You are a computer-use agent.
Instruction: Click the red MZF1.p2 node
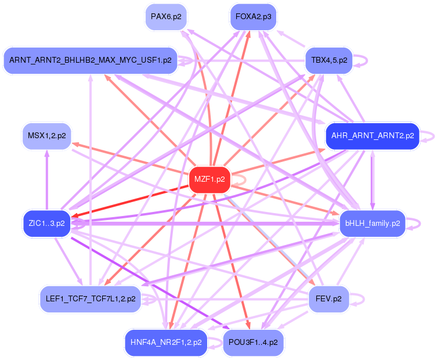click(x=210, y=179)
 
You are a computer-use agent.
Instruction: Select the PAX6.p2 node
click(x=165, y=16)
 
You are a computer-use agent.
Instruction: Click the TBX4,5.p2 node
click(x=329, y=60)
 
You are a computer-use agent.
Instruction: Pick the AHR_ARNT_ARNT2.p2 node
click(x=372, y=136)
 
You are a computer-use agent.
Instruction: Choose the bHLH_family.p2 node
click(x=372, y=223)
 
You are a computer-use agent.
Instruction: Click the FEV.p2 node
click(x=328, y=299)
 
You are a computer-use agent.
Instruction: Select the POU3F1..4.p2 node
click(x=254, y=343)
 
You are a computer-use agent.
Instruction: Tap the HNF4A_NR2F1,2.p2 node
click(x=166, y=343)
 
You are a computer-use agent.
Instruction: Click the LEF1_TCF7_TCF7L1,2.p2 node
click(x=90, y=299)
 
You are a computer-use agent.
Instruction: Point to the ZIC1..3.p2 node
click(x=46, y=222)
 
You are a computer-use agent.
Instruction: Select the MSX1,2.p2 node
click(x=46, y=136)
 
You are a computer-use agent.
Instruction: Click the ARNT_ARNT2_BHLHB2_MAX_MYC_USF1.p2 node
click(x=90, y=60)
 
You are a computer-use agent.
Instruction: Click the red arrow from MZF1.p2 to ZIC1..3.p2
click(x=133, y=201)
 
